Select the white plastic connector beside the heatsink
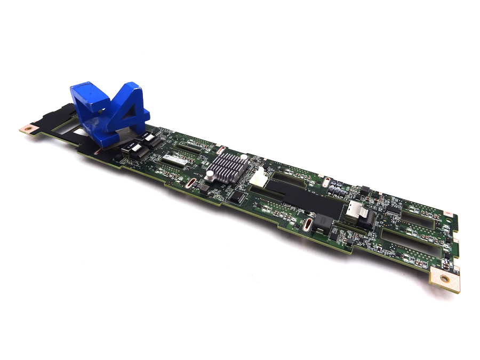(x=259, y=177)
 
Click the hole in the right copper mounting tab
(x=444, y=278)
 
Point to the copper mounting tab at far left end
(x=27, y=129)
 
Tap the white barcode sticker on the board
(x=175, y=160)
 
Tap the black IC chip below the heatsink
(x=236, y=197)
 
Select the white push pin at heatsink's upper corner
(x=243, y=158)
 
